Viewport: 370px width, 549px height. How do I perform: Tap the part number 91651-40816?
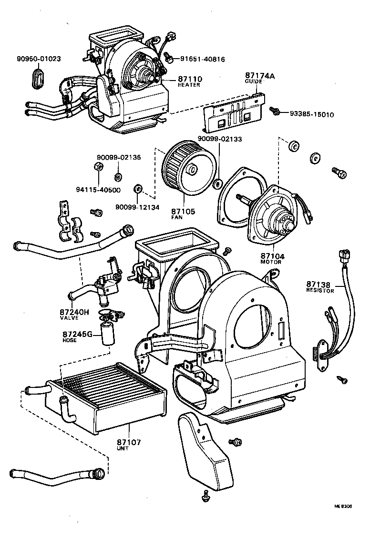pos(202,60)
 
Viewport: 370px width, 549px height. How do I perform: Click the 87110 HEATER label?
pos(189,81)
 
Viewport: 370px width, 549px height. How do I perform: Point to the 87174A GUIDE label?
pos(261,78)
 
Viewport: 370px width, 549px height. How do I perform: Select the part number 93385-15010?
pos(312,114)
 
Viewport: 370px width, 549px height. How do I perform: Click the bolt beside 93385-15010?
pos(275,111)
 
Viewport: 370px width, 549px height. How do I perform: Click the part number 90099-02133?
pos(220,139)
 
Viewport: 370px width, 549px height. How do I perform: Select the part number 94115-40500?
pos(98,190)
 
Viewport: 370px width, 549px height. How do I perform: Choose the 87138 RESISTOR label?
pos(320,287)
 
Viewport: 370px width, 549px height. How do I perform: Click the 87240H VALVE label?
pos(74,315)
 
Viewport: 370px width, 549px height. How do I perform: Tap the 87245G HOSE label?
pos(76,336)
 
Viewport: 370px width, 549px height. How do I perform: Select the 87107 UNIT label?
pos(129,445)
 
